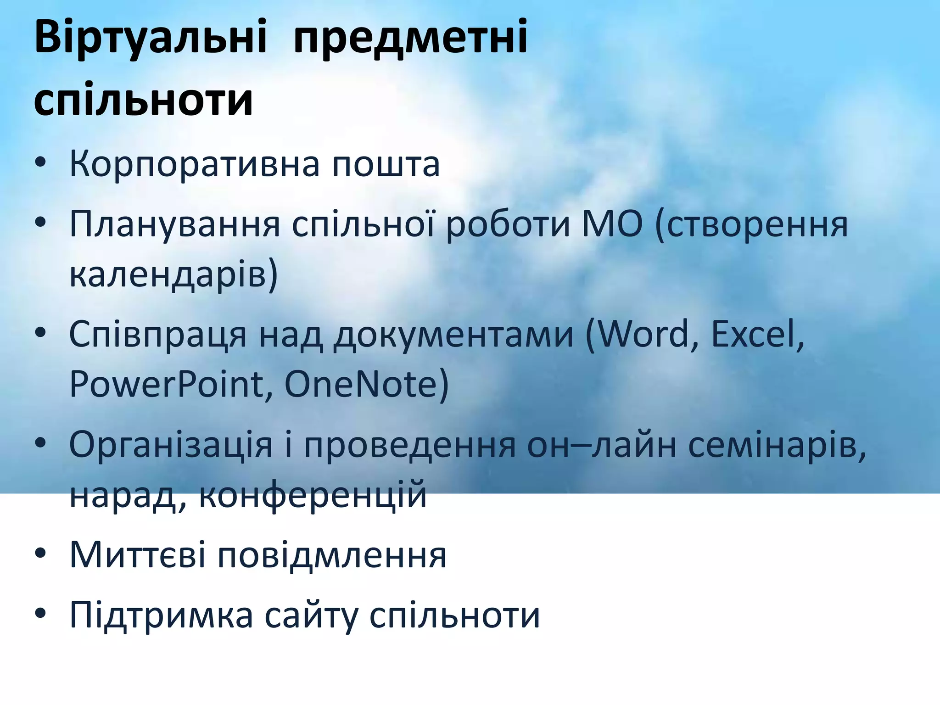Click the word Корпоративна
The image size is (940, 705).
point(194,164)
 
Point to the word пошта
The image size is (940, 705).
point(386,164)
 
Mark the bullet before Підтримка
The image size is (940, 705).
point(40,614)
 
